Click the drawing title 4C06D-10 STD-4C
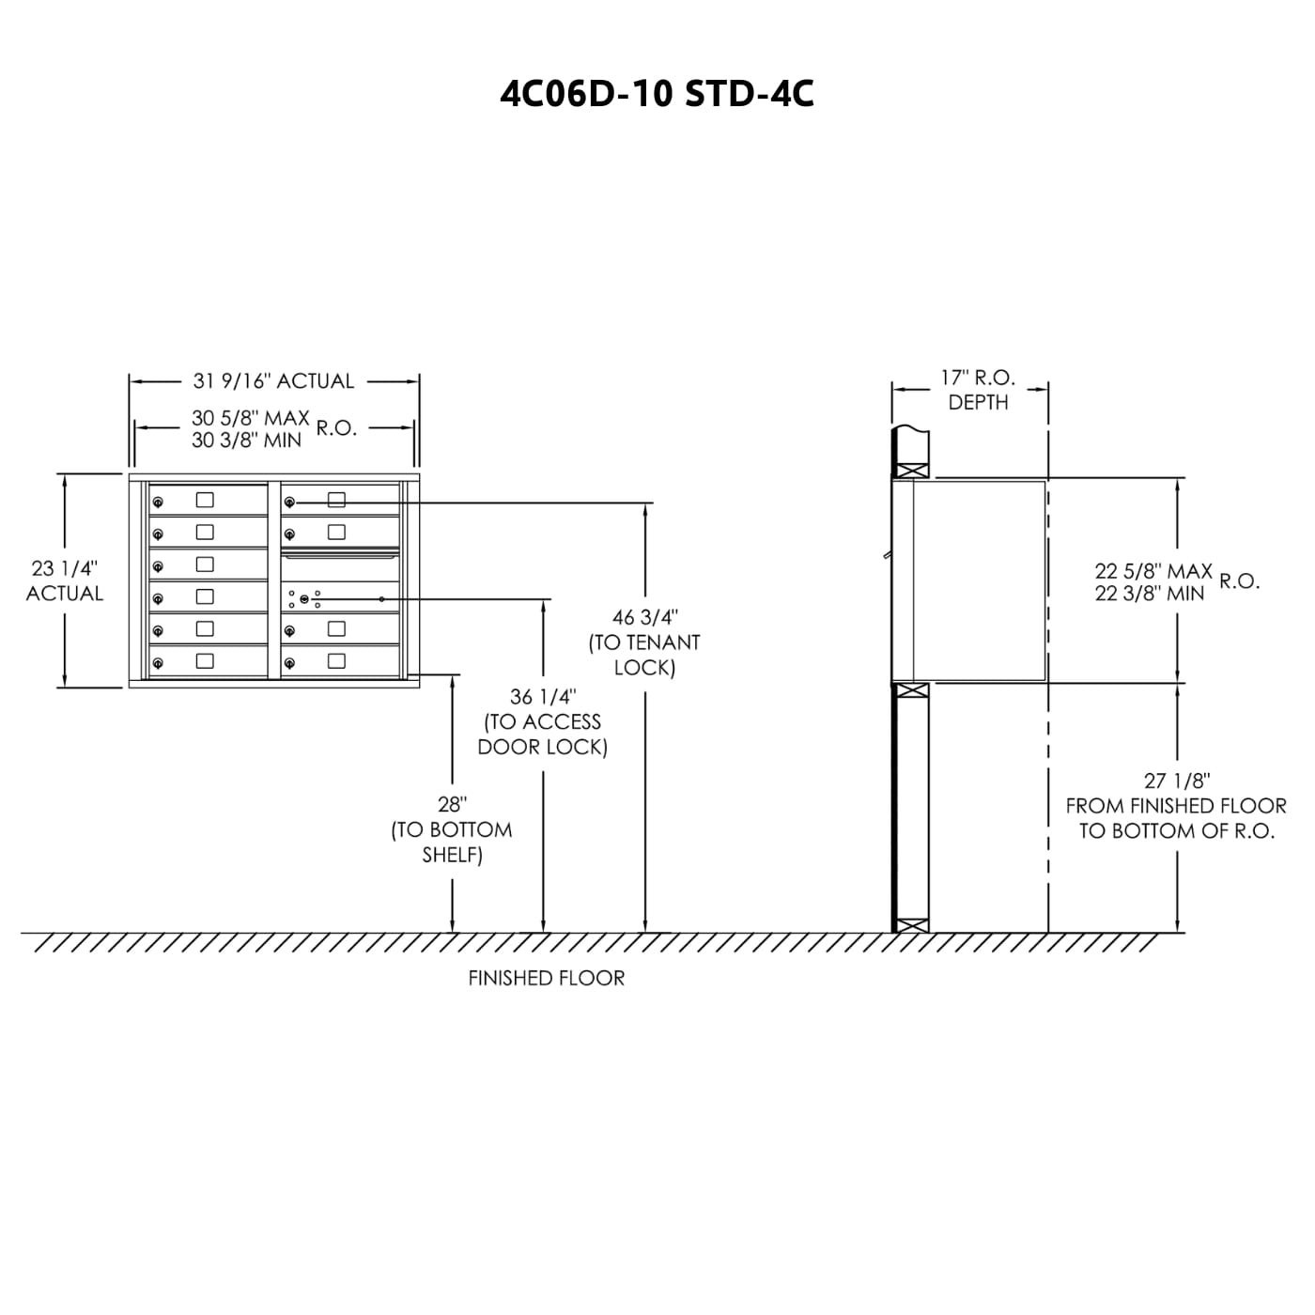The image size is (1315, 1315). click(657, 94)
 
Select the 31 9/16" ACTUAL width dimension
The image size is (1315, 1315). click(273, 381)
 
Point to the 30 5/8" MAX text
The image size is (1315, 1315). click(251, 418)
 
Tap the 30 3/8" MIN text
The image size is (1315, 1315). click(247, 441)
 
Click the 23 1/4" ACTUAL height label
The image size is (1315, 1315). click(64, 580)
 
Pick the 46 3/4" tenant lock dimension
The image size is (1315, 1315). click(645, 617)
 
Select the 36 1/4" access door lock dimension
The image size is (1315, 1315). click(543, 697)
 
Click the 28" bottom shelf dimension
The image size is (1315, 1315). click(452, 805)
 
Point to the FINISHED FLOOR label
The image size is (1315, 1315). click(546, 979)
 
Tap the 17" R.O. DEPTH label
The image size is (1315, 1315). click(978, 390)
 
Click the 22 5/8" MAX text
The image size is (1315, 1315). click(1153, 571)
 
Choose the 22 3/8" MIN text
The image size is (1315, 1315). click(1150, 594)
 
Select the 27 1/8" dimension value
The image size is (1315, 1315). click(1177, 781)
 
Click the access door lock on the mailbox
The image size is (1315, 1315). click(304, 598)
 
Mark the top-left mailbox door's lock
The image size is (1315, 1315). click(158, 502)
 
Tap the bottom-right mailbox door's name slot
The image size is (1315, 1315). click(336, 661)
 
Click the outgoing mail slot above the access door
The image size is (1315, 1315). click(340, 556)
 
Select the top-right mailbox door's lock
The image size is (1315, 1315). click(289, 502)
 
